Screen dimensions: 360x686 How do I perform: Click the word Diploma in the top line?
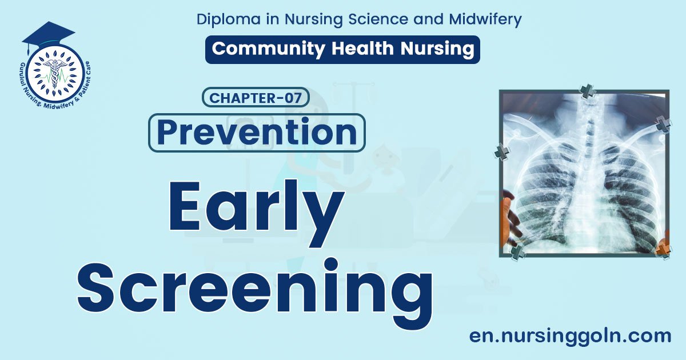pos(225,19)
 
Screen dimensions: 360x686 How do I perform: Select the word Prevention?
pos(257,133)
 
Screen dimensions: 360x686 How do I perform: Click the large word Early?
pos(256,212)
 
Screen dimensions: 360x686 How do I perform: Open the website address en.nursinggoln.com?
pos(570,335)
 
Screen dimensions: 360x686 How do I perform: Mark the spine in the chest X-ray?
pos(587,171)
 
